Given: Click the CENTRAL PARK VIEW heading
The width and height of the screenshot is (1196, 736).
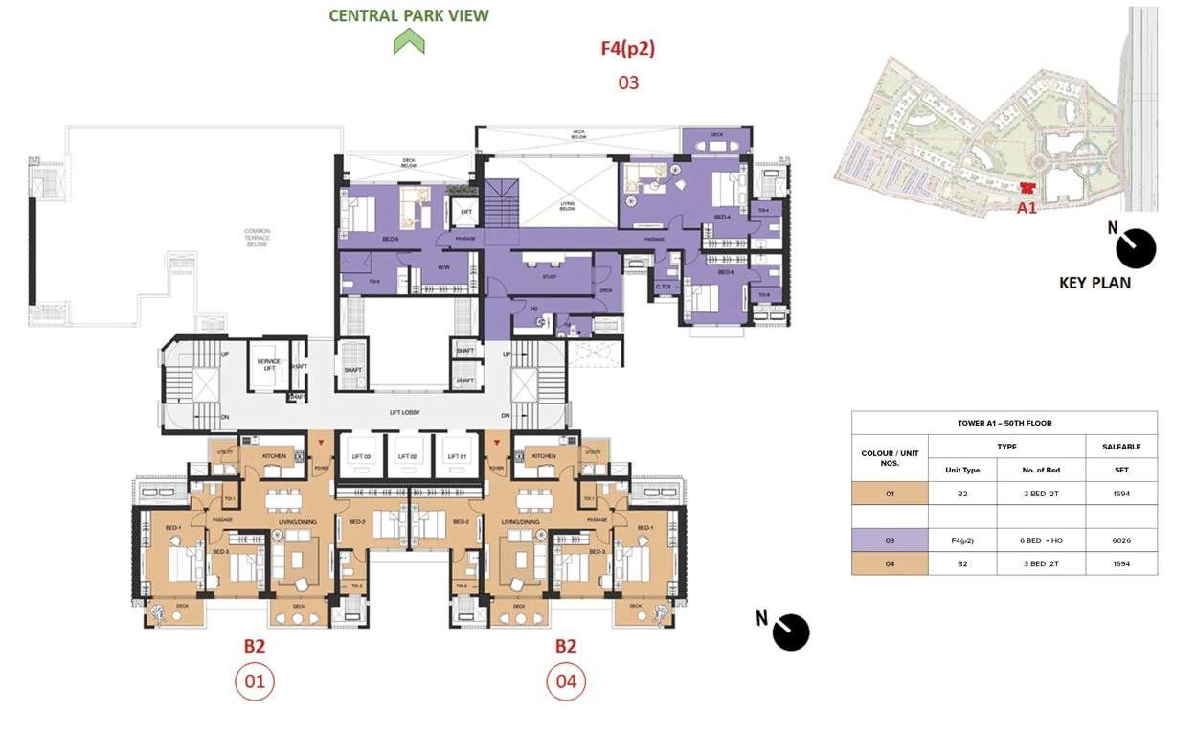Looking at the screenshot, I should (409, 15).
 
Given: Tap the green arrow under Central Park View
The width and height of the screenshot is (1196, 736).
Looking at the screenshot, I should (409, 41).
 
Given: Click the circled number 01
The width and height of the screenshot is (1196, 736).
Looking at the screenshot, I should (255, 681).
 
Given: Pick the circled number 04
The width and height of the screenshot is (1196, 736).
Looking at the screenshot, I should (566, 681).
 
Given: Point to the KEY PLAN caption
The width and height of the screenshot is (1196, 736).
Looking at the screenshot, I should (1094, 283).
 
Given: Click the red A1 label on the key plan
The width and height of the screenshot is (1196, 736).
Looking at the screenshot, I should (1027, 207).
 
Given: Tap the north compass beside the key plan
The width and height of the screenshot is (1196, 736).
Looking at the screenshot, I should (1135, 248).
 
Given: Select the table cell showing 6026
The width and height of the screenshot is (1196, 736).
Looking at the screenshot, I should (1121, 540).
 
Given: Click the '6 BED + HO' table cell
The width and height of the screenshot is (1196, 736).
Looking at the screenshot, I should (1041, 540).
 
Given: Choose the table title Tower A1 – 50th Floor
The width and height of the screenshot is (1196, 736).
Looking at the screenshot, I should (1004, 423).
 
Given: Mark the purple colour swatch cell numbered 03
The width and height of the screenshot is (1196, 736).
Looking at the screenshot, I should (890, 540).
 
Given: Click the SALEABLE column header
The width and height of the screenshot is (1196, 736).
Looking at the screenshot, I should (1121, 447).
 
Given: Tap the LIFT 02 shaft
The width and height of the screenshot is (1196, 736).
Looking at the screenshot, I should (408, 457).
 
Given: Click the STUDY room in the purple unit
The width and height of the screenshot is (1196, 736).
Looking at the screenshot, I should (549, 276).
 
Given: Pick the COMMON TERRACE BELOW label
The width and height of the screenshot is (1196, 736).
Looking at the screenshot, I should (257, 237).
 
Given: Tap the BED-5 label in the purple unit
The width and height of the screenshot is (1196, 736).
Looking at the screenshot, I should (362, 238).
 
